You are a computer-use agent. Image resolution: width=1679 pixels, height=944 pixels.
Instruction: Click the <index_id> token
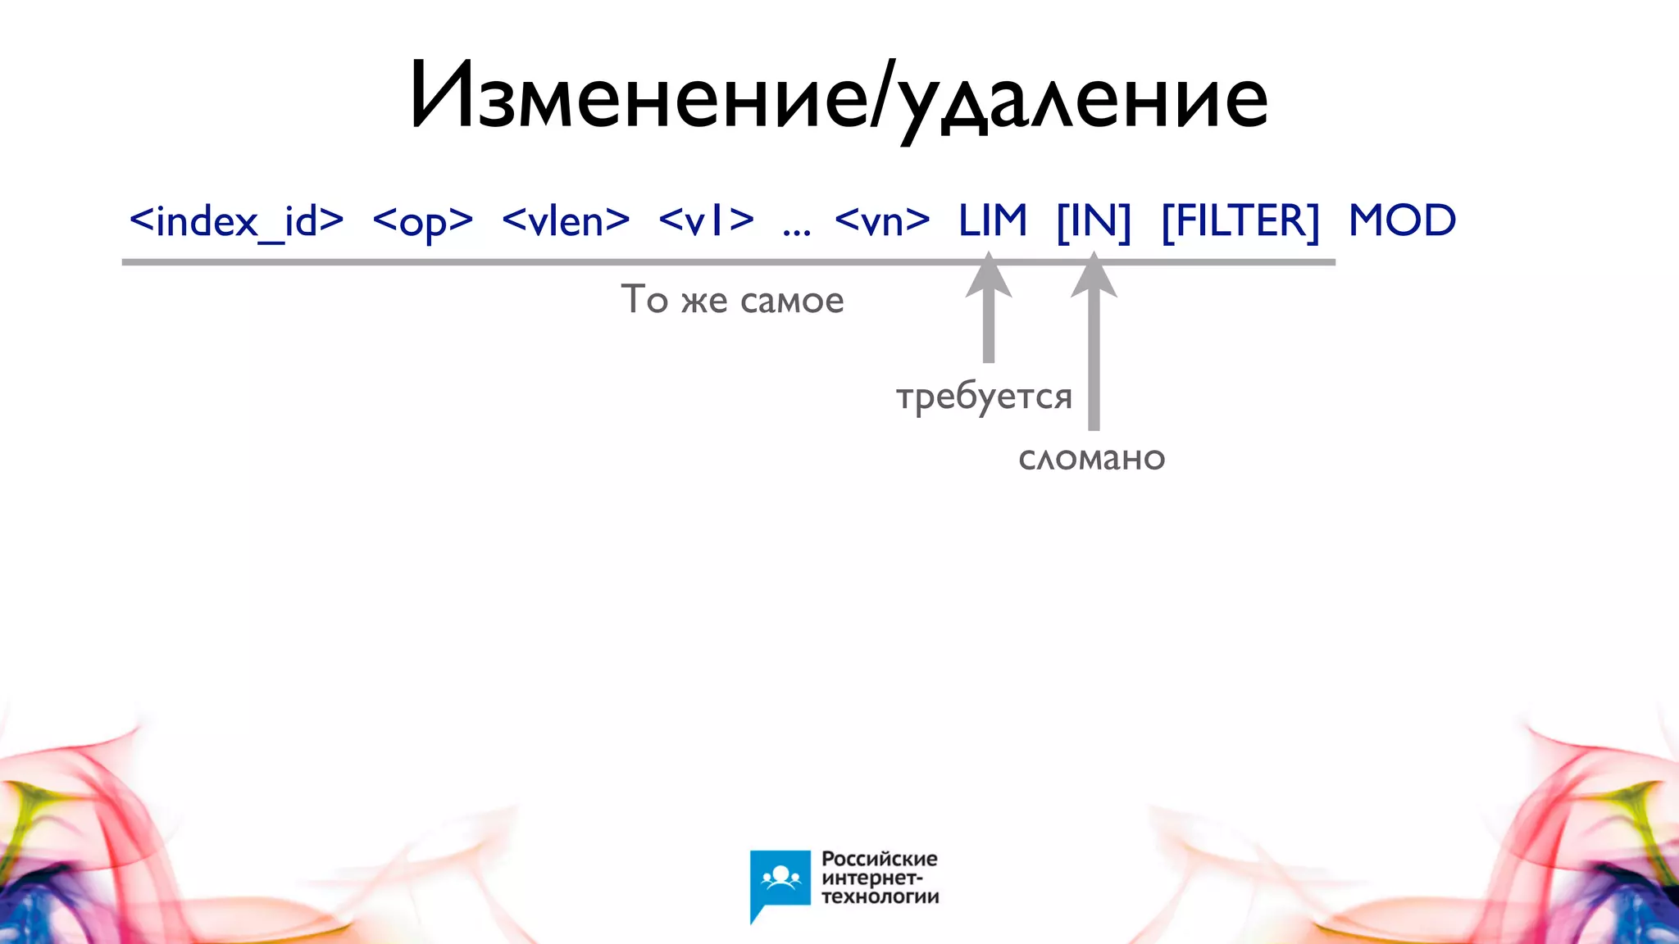(236, 221)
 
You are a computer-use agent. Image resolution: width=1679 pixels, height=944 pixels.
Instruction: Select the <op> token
(422, 221)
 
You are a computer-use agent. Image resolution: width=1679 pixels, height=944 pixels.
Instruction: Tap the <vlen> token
(566, 221)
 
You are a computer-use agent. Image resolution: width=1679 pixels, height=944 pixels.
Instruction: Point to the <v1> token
(706, 221)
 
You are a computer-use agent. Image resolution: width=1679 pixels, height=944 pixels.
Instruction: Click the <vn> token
(882, 221)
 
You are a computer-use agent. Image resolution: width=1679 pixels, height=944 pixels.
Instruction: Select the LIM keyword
(992, 221)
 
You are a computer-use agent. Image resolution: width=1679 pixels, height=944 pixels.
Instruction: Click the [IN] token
(1094, 221)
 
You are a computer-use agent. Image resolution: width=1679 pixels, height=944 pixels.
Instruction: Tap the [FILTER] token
(1240, 221)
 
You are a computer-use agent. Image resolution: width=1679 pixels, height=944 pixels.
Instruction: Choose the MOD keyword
(1402, 221)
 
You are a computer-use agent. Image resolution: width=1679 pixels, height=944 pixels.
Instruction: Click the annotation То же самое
(732, 300)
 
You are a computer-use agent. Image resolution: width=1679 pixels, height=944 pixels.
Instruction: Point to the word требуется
(984, 397)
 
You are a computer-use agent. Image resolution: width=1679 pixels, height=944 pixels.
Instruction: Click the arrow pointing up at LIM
(989, 311)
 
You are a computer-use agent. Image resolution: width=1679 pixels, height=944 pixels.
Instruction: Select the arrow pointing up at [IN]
(1094, 344)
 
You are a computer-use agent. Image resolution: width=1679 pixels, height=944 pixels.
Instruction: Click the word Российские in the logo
(879, 859)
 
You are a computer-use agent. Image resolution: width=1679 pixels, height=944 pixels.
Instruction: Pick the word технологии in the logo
(880, 896)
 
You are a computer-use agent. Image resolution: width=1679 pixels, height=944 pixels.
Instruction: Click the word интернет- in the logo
(872, 878)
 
